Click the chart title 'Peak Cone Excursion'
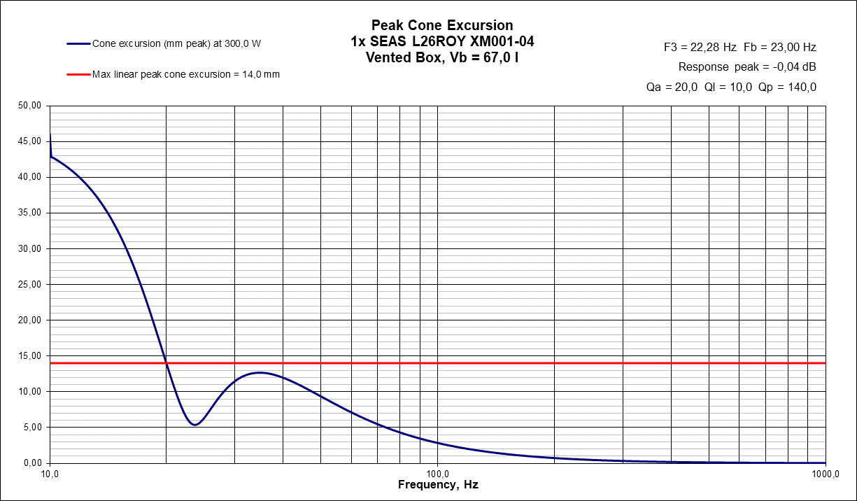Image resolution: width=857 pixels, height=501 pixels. pyautogui.click(x=441, y=26)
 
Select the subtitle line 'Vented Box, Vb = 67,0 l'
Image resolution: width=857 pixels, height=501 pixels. pyautogui.click(x=441, y=58)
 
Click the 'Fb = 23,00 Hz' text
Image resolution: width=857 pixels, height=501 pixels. pyautogui.click(x=780, y=48)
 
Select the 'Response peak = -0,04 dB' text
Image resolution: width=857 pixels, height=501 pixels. pyautogui.click(x=747, y=67)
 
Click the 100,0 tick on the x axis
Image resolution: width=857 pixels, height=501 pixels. pyautogui.click(x=437, y=473)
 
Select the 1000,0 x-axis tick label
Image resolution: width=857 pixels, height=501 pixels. pyautogui.click(x=826, y=473)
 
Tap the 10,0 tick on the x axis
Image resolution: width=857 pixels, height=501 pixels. pyautogui.click(x=50, y=473)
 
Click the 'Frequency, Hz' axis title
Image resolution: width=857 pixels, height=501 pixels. pyautogui.click(x=438, y=485)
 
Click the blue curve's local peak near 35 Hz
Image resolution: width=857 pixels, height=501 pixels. pyautogui.click(x=260, y=372)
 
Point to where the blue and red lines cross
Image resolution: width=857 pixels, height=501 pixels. pyautogui.click(x=167, y=363)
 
